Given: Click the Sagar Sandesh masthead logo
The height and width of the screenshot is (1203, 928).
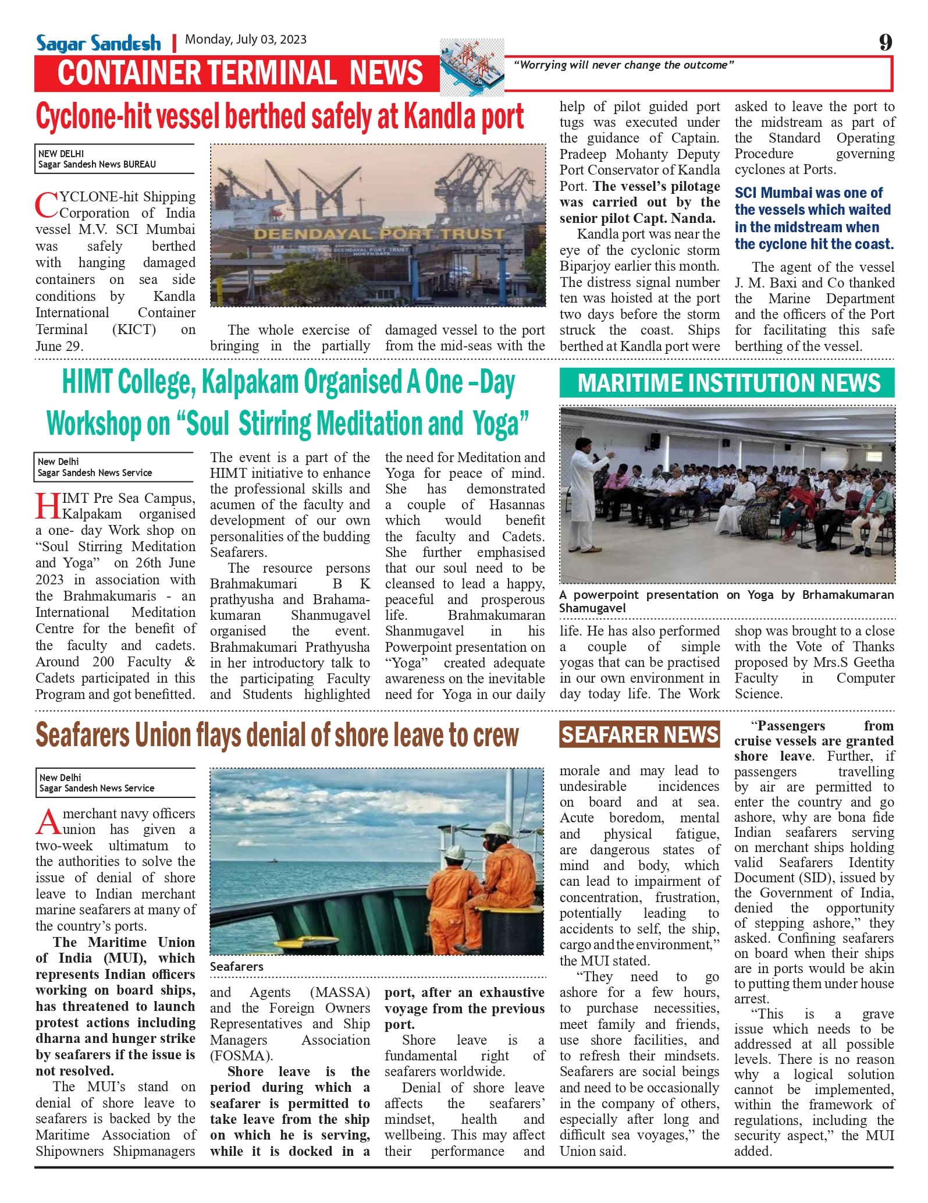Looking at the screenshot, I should click(98, 43).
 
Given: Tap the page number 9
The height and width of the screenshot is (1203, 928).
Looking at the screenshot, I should click(885, 42).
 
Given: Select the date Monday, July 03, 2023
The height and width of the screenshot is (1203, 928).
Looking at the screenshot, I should click(246, 40).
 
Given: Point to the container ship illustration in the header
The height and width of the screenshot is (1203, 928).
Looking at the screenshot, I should click(472, 67).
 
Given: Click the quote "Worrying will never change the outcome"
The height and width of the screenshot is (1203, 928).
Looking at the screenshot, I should click(624, 65).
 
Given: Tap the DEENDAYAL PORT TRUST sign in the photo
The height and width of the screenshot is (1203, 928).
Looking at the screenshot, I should click(379, 234).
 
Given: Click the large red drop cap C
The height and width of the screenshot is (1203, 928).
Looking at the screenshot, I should click(46, 205).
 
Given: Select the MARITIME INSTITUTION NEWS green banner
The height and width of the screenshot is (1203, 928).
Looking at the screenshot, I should click(727, 383).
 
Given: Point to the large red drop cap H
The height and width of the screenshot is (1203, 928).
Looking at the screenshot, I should click(48, 506).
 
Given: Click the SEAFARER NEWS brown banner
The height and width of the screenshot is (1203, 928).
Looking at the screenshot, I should click(639, 734).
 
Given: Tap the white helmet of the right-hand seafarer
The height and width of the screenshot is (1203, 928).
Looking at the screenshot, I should click(499, 829).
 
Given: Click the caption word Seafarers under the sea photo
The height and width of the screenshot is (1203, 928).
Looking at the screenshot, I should click(237, 966).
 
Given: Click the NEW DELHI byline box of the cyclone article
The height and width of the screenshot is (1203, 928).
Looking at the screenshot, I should click(115, 159).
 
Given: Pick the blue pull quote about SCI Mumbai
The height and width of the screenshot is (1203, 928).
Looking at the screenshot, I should click(813, 218).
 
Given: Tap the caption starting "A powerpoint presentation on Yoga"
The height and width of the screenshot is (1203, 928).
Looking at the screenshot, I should click(726, 601).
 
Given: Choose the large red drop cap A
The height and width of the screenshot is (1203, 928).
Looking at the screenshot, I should click(48, 822).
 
